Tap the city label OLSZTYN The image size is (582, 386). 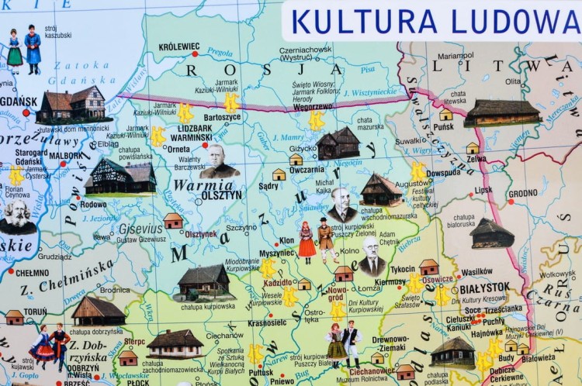pos(221,196)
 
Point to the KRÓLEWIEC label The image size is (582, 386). pos(178,47)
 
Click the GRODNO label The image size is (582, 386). pos(522,193)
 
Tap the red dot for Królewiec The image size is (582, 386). pos(196,54)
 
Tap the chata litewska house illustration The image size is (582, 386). pos(501,113)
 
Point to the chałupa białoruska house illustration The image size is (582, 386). pos(491,233)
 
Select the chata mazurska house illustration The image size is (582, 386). pos(338,143)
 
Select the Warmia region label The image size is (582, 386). pos(203,185)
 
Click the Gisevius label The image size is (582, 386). pos(141,229)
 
